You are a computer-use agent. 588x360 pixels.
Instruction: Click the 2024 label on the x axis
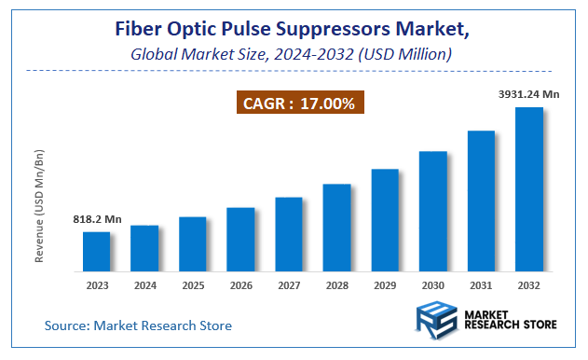[144, 284]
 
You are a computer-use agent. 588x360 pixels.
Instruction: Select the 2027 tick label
[289, 284]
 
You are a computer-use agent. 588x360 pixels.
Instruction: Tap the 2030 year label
[433, 284]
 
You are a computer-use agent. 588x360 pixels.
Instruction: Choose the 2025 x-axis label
[192, 284]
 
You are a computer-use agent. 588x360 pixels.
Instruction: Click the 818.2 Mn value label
[98, 219]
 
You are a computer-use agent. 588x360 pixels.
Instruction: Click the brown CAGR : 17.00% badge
[299, 103]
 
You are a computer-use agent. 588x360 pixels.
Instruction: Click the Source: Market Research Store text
[138, 325]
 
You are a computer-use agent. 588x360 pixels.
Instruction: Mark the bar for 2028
[336, 228]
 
